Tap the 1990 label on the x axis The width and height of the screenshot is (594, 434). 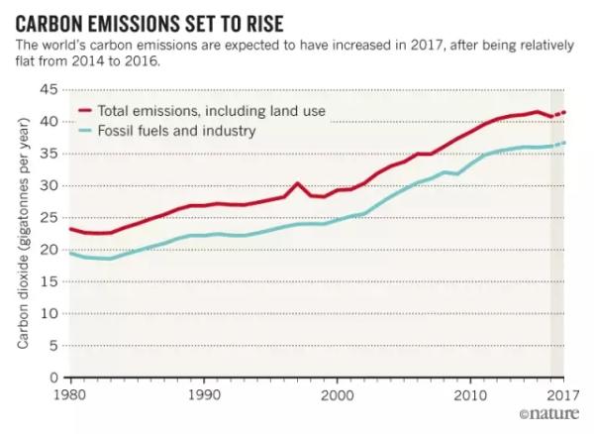203,393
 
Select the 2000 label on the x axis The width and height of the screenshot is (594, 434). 337,393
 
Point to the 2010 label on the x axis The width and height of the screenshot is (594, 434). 470,393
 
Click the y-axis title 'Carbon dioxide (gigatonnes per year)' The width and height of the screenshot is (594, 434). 21,234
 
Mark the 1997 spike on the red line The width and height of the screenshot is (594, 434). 297,183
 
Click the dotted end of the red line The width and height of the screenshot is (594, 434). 559,114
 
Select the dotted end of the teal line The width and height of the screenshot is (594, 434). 559,144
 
